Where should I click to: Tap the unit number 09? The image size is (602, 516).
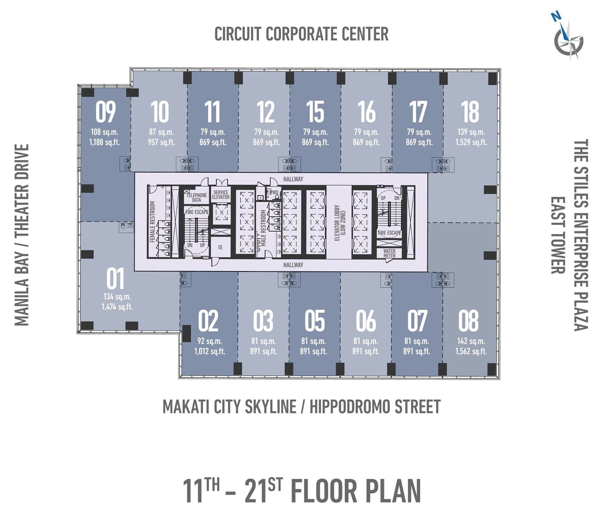click(x=106, y=112)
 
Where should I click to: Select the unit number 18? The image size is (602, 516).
click(x=470, y=112)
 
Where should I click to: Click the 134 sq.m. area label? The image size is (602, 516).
click(x=117, y=297)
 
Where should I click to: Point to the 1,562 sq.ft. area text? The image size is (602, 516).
click(x=471, y=351)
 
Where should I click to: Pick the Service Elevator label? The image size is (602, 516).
click(x=221, y=195)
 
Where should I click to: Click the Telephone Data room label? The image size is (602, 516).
click(x=197, y=197)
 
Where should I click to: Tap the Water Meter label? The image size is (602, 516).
click(x=389, y=253)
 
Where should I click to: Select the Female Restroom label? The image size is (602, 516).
click(x=153, y=222)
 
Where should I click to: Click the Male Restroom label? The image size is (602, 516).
click(x=263, y=228)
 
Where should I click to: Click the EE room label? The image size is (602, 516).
click(x=220, y=247)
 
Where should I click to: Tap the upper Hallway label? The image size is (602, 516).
click(x=293, y=179)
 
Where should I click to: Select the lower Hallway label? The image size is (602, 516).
click(x=293, y=265)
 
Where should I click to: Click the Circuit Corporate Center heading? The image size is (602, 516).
click(x=302, y=34)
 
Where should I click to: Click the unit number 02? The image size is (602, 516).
click(x=208, y=321)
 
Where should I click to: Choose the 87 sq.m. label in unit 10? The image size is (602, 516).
click(x=161, y=132)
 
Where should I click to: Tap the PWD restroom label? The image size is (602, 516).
click(x=274, y=193)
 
